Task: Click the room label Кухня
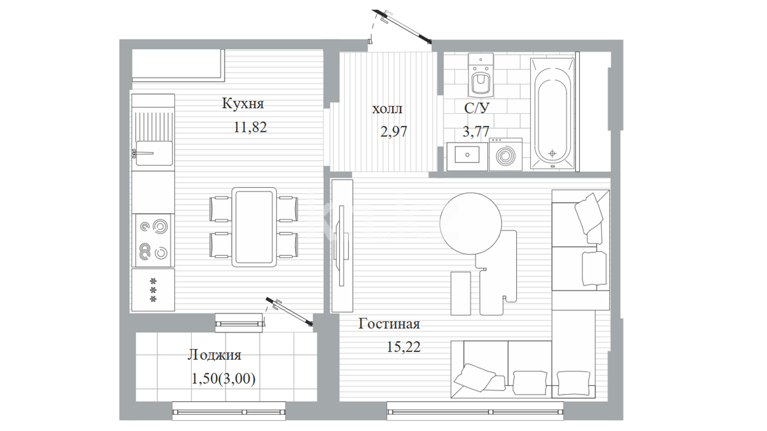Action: tap(243, 104)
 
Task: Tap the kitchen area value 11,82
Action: tap(250, 127)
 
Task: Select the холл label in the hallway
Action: tap(387, 109)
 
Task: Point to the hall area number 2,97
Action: tap(393, 131)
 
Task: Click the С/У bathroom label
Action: tap(477, 108)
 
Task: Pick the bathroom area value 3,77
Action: tap(476, 131)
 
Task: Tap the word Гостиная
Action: tap(389, 324)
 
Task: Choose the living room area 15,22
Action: tap(403, 347)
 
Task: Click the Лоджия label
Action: tap(215, 355)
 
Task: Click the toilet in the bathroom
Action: tap(481, 75)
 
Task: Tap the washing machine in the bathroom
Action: tap(506, 154)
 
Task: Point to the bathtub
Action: tap(552, 113)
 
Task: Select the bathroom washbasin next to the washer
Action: tap(467, 156)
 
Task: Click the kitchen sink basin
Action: tap(154, 153)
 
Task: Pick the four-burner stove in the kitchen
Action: tap(153, 240)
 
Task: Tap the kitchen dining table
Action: tap(254, 227)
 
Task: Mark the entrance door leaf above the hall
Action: tap(401, 25)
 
